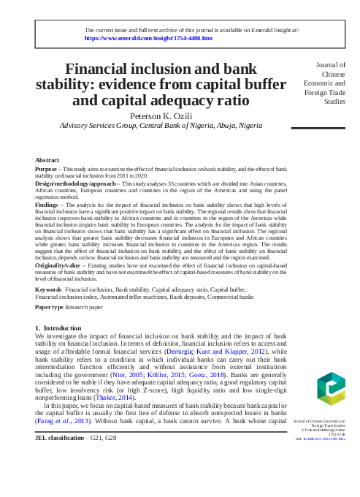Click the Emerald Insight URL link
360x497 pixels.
coord(149,37)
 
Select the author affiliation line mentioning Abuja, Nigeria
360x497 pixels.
coord(161,126)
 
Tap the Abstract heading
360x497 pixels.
coord(48,159)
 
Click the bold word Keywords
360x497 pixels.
coord(48,290)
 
